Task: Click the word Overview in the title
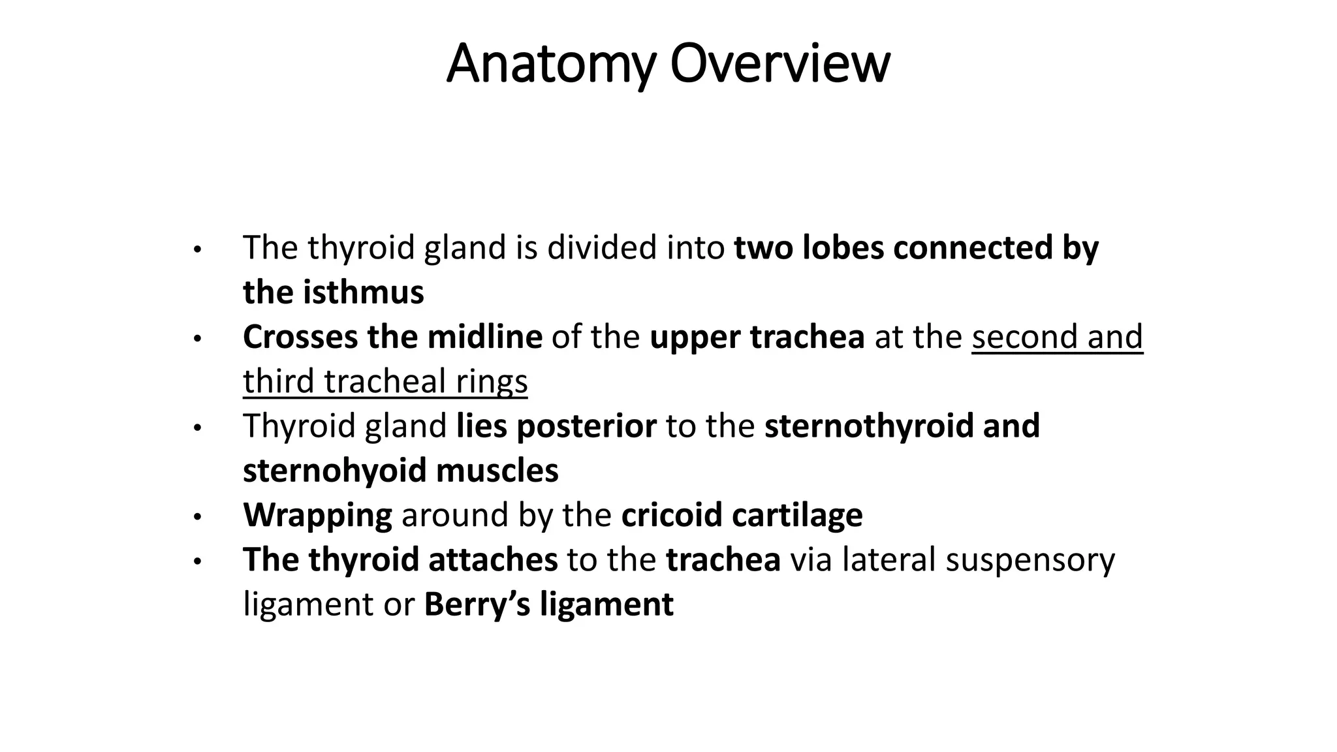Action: coord(779,63)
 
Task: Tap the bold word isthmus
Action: coord(363,292)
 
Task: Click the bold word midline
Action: coord(484,337)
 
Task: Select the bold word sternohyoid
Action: coord(334,470)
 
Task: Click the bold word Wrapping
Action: coord(317,515)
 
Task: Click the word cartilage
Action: coord(797,515)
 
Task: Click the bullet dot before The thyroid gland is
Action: coord(198,250)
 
